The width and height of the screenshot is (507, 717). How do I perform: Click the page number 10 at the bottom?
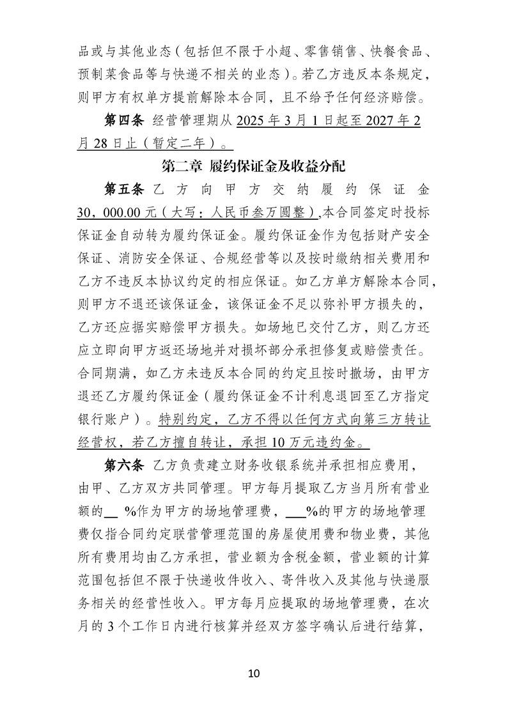(x=254, y=674)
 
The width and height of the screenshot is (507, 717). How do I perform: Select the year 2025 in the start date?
(x=252, y=120)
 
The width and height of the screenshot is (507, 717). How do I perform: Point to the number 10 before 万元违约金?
(x=279, y=442)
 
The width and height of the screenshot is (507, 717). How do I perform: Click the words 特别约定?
(x=181, y=419)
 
